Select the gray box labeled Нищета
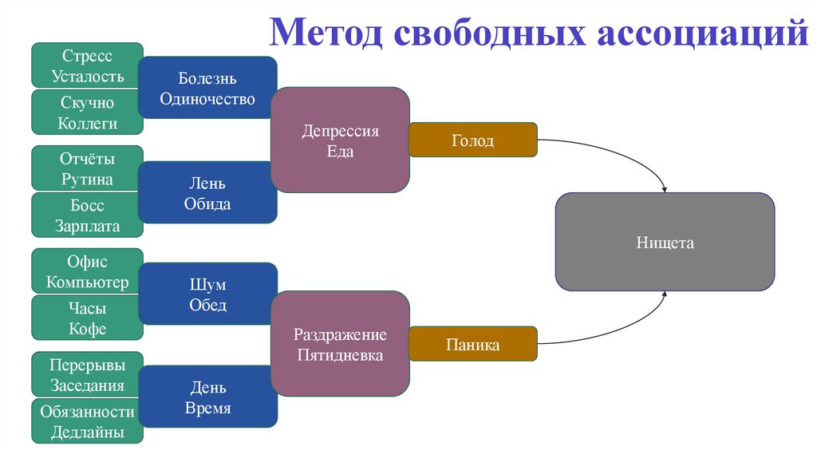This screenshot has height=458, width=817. coord(665,242)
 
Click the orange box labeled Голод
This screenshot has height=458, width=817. coord(472,140)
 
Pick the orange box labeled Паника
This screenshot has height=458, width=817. coord(472,345)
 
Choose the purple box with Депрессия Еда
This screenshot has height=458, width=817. coord(340,140)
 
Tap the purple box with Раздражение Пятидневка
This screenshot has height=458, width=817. coord(340,344)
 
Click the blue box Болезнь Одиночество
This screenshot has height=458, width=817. coord(207,89)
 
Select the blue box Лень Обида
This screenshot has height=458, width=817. coord(207,192)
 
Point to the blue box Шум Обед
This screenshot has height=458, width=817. coord(207,294)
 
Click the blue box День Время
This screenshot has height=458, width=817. coord(207,397)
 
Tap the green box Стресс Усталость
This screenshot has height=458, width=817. coord(87,65)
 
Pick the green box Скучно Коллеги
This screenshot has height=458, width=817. coord(87,113)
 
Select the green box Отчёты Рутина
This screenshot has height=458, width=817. coord(87,168)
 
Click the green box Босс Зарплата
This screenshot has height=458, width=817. coord(87,215)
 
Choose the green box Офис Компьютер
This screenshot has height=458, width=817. coord(87,271)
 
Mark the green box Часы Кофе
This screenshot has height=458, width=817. coord(87,318)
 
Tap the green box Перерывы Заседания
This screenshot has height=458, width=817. coord(87,374)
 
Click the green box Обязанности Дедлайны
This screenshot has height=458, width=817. coord(87,422)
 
